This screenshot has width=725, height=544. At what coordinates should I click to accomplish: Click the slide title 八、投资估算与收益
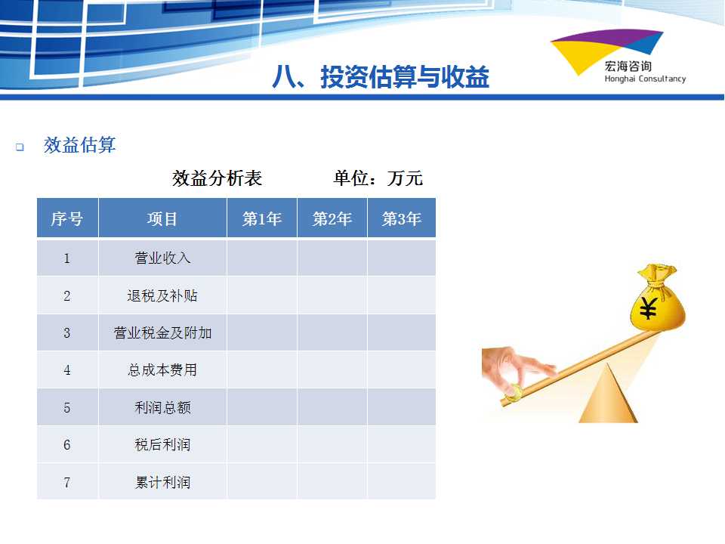(381, 76)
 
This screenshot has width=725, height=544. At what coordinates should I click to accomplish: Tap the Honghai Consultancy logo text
(645, 79)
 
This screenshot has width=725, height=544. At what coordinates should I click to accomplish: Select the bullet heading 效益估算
(79, 145)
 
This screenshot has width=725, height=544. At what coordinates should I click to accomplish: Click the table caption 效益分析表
(217, 178)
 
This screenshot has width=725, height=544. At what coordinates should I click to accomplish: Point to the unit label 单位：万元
(378, 178)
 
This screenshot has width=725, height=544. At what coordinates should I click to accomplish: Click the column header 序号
(67, 218)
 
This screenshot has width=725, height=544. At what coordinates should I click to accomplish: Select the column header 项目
(162, 218)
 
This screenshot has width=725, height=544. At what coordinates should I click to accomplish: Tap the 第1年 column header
(262, 218)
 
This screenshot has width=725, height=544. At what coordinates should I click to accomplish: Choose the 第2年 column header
(332, 218)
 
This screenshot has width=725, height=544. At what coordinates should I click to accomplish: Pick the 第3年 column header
(401, 218)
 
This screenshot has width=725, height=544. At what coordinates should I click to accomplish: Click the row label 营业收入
(162, 258)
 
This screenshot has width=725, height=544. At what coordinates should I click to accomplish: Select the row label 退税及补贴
(162, 295)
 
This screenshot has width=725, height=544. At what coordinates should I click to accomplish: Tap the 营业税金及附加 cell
(162, 332)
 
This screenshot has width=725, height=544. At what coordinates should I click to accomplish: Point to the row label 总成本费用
(162, 369)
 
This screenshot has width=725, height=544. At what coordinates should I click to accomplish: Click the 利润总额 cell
(162, 407)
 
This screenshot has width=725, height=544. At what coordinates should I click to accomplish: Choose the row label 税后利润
(162, 444)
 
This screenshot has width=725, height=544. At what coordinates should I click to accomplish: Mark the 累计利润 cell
(162, 483)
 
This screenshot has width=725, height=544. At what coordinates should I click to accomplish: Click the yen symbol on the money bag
(648, 308)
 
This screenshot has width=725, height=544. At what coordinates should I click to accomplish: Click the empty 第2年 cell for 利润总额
(332, 407)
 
